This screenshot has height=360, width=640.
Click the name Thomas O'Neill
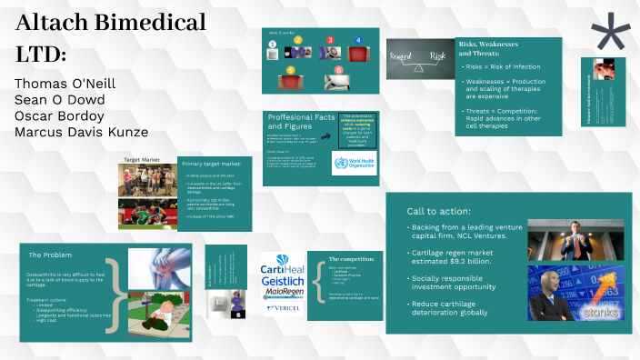coord(65,84)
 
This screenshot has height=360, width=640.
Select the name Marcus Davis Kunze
coord(82,133)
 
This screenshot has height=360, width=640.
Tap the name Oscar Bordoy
coord(61,116)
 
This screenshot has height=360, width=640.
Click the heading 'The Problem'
coord(50,255)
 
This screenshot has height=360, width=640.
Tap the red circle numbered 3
coord(330,41)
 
